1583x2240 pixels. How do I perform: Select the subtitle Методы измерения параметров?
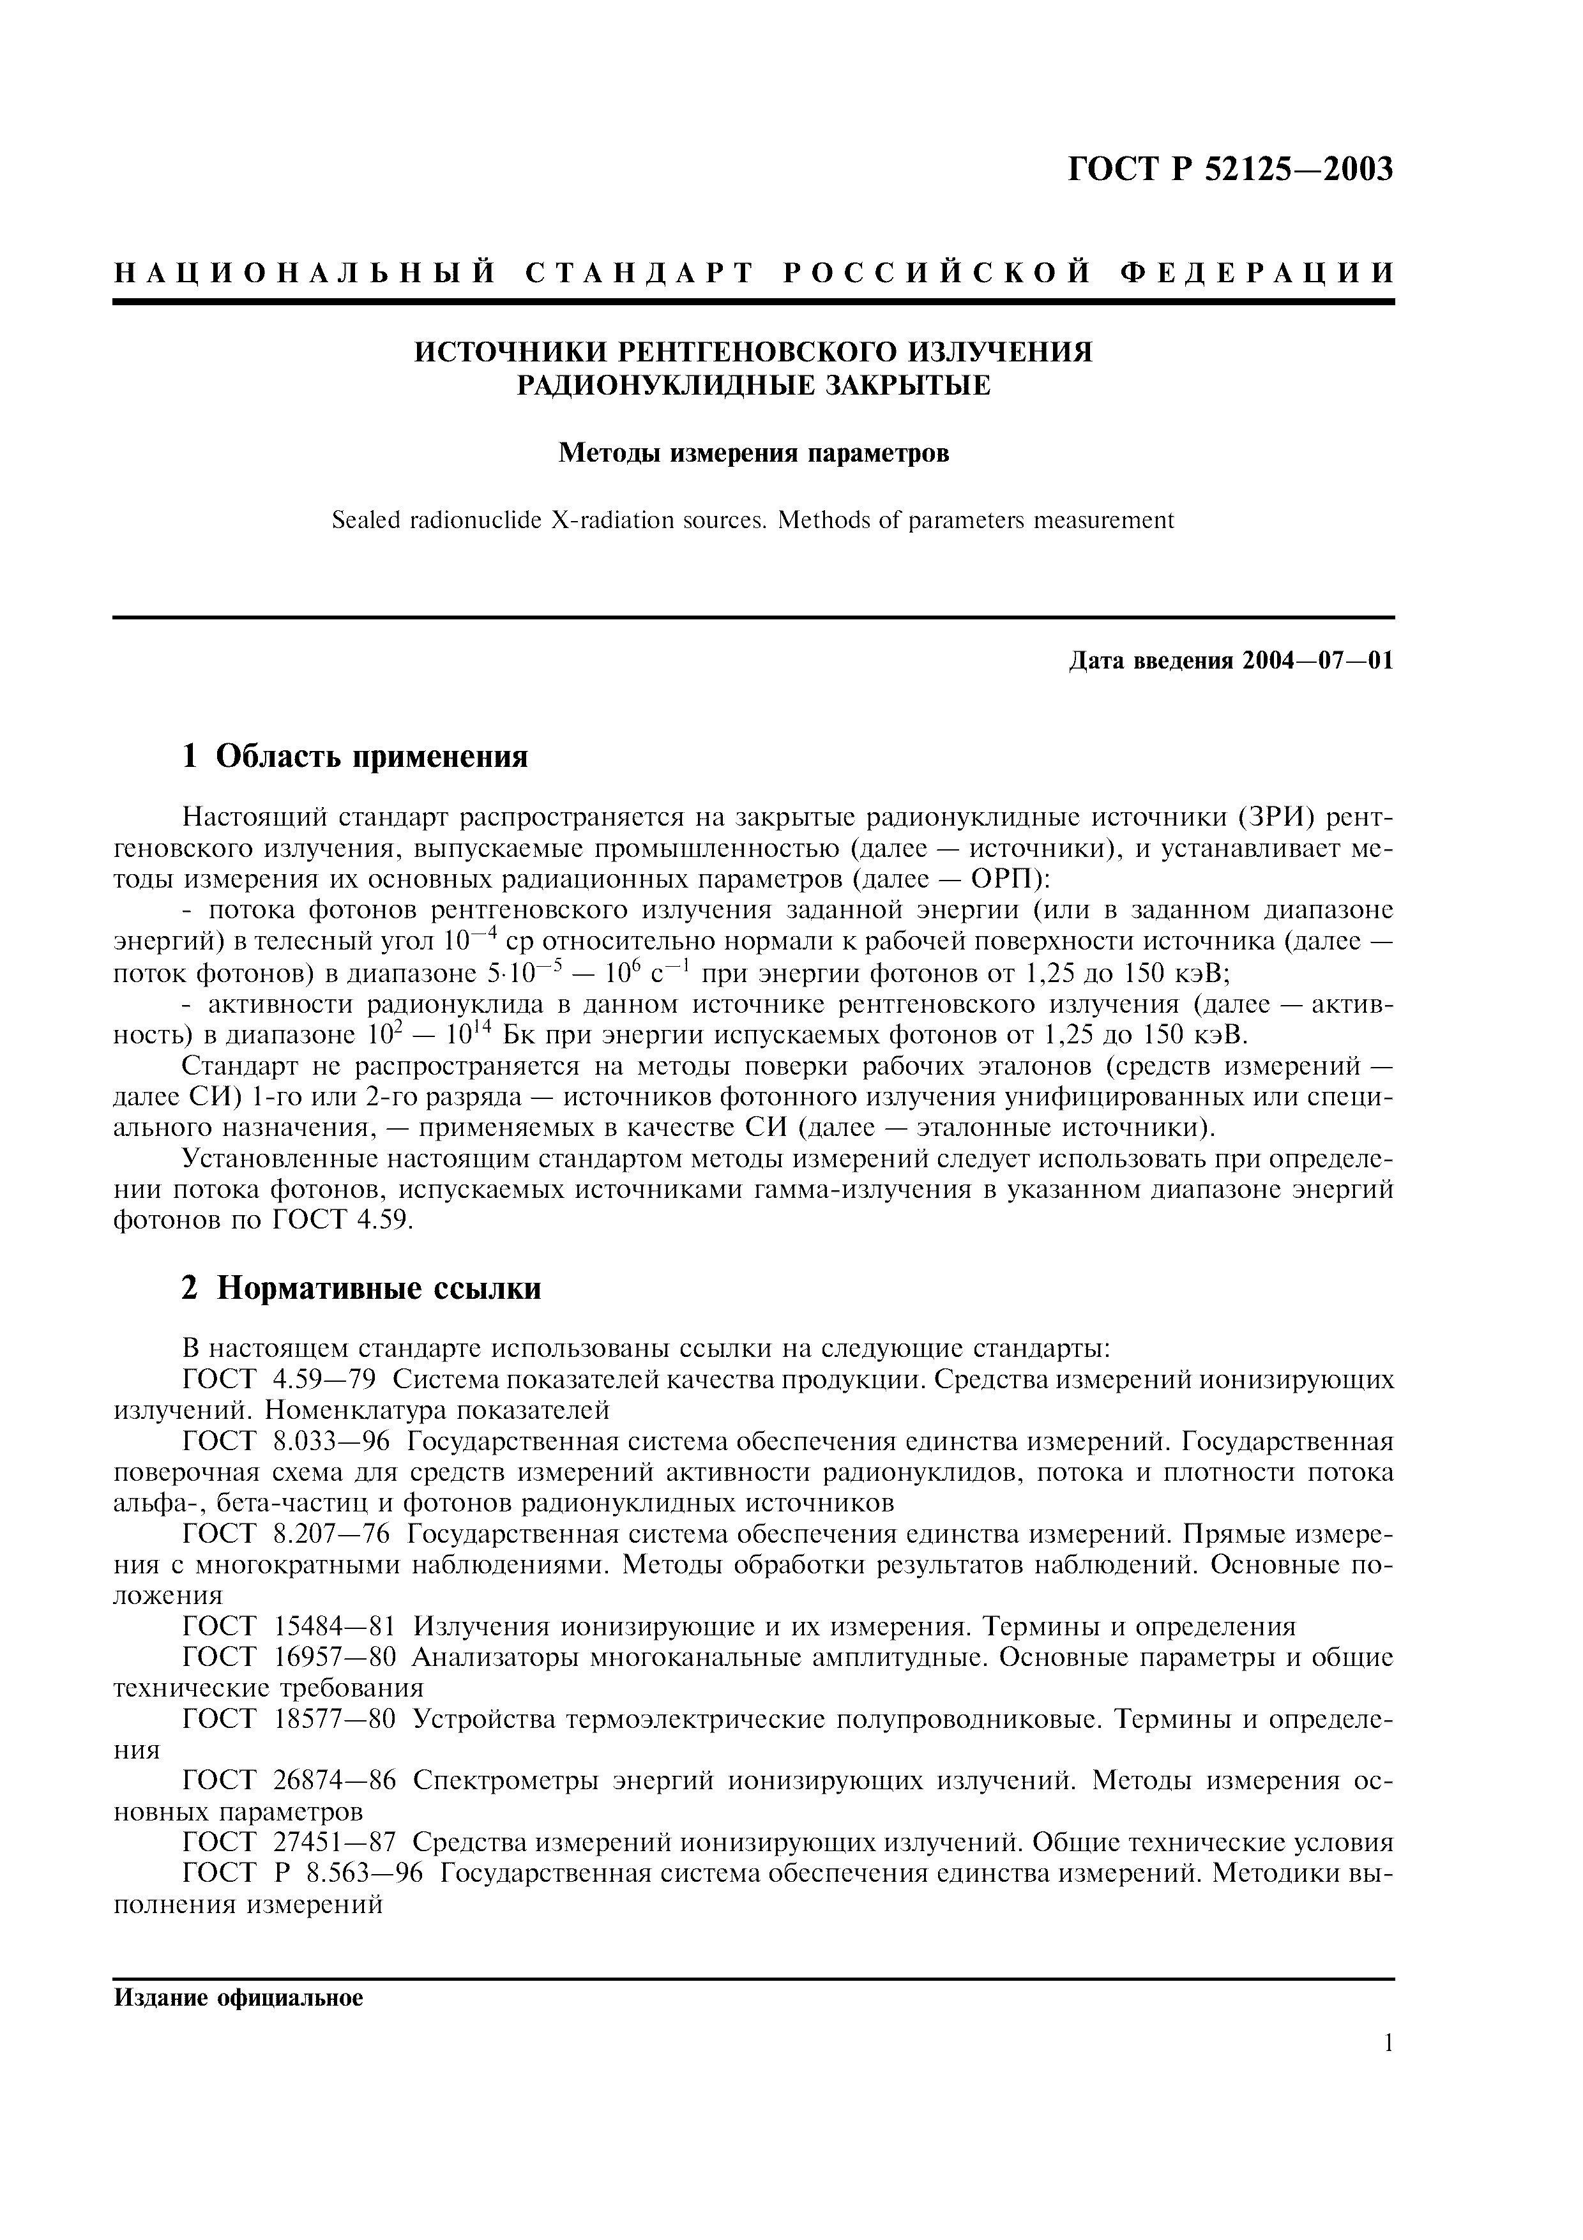(x=753, y=453)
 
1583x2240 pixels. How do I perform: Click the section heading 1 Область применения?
(x=355, y=755)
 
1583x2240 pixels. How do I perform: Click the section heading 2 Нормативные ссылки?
(x=362, y=1289)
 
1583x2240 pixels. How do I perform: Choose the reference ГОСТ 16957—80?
(x=289, y=1658)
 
